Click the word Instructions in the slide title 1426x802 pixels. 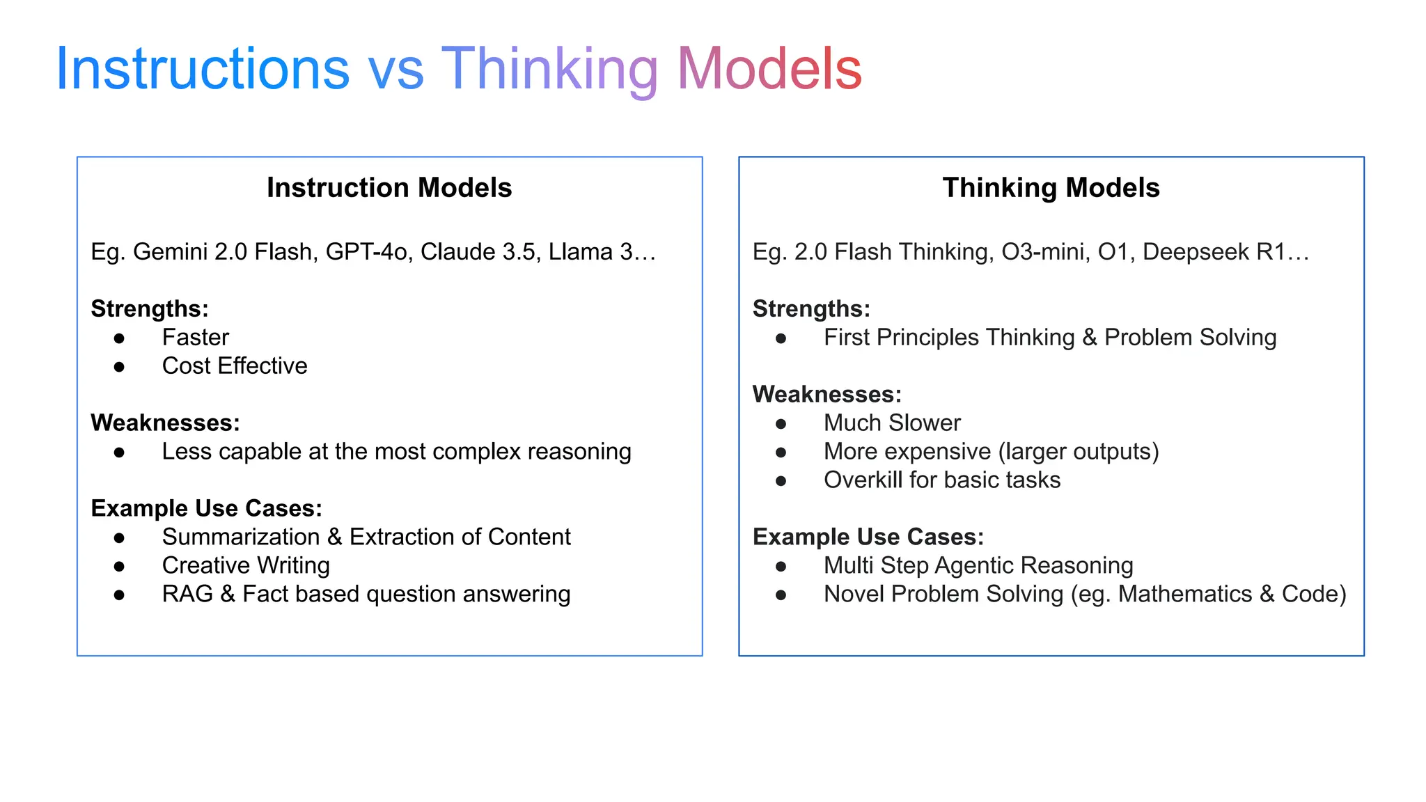[x=202, y=69]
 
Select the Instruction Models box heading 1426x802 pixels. [x=389, y=188]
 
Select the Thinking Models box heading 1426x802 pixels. [x=1051, y=188]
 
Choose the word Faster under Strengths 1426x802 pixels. [x=196, y=338]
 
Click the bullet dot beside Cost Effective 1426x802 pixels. [x=119, y=366]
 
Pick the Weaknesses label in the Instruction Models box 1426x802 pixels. [x=166, y=423]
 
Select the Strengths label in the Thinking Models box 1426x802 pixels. [x=811, y=309]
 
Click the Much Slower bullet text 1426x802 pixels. [x=892, y=423]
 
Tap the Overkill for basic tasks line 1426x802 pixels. [x=942, y=480]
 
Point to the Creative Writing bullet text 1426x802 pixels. [x=246, y=566]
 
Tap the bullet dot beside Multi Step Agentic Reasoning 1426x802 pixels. [x=781, y=567]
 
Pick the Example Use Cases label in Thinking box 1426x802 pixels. [x=868, y=537]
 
